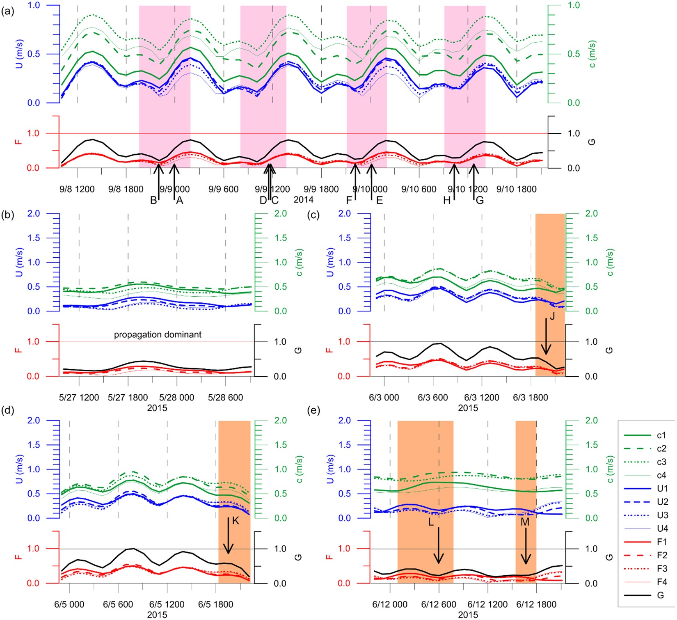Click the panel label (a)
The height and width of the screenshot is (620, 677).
pyautogui.click(x=8, y=11)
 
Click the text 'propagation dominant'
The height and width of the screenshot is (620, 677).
pyautogui.click(x=158, y=335)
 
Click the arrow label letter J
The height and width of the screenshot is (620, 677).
pyautogui.click(x=552, y=316)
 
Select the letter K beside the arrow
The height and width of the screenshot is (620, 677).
pyautogui.click(x=235, y=521)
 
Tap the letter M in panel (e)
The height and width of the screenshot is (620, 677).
pyautogui.click(x=525, y=522)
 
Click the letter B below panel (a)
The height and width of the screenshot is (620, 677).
pyautogui.click(x=153, y=201)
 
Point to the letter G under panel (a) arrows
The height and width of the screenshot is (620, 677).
pyautogui.click(x=479, y=201)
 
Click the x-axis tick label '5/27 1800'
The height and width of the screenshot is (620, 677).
pyautogui.click(x=128, y=398)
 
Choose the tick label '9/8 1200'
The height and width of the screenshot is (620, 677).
pyautogui.click(x=77, y=189)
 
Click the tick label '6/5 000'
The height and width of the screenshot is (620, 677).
pyautogui.click(x=69, y=605)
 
